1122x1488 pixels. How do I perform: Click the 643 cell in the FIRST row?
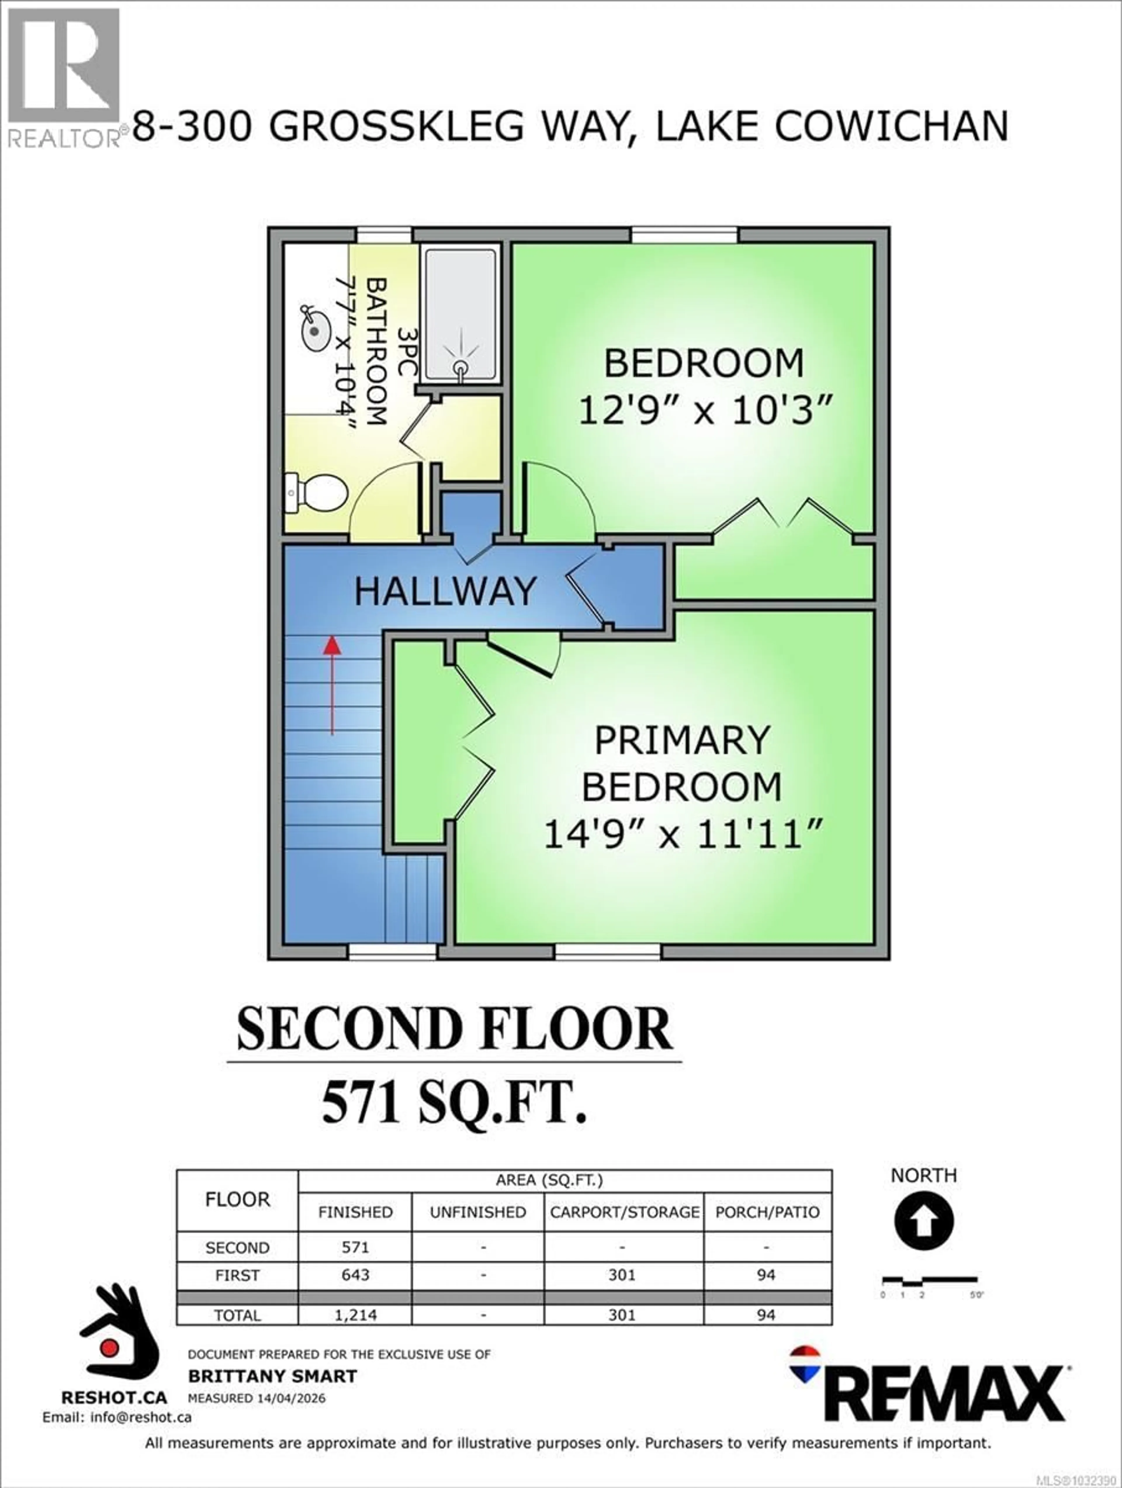click(x=355, y=1275)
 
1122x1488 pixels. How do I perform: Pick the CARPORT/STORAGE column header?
click(x=624, y=1212)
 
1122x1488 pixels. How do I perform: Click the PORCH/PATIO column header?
click(x=768, y=1212)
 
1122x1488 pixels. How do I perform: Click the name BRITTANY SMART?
click(x=272, y=1376)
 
